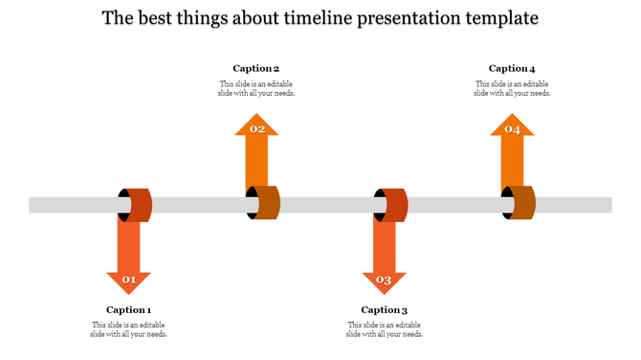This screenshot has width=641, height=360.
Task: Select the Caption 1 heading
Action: tap(129, 309)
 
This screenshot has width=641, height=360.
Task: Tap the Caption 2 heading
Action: tap(256, 68)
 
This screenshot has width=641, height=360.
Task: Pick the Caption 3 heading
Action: tap(385, 309)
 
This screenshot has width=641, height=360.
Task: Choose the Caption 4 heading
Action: tap(512, 68)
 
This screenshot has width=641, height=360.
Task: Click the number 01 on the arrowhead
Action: tap(129, 281)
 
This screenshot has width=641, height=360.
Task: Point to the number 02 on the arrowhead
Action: tap(256, 128)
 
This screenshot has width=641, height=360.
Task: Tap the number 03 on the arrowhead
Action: tap(385, 281)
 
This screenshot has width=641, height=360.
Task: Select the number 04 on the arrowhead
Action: tap(512, 128)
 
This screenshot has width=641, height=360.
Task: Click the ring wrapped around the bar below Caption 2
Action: tap(263, 203)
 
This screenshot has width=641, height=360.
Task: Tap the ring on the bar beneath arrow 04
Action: tap(519, 203)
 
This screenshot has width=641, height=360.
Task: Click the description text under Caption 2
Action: tap(256, 88)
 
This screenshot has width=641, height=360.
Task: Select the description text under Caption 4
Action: tap(512, 88)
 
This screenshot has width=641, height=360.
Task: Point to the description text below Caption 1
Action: tap(129, 329)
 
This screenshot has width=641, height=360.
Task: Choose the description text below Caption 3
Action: tap(385, 329)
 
